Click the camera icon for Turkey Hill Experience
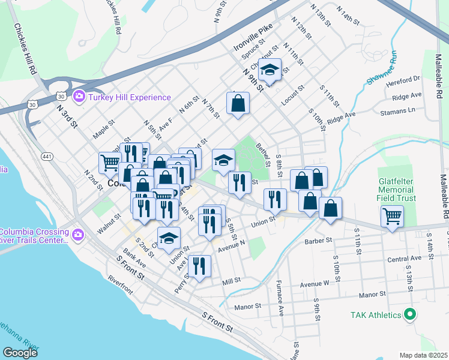tap(79, 97)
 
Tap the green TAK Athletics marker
tap(410, 314)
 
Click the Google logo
tap(20, 353)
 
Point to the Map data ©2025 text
tap(423, 355)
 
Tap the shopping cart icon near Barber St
tap(392, 215)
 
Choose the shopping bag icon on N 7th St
tap(238, 103)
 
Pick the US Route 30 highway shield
tap(61, 95)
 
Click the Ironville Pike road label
tap(253, 37)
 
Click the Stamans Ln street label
tap(399, 111)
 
